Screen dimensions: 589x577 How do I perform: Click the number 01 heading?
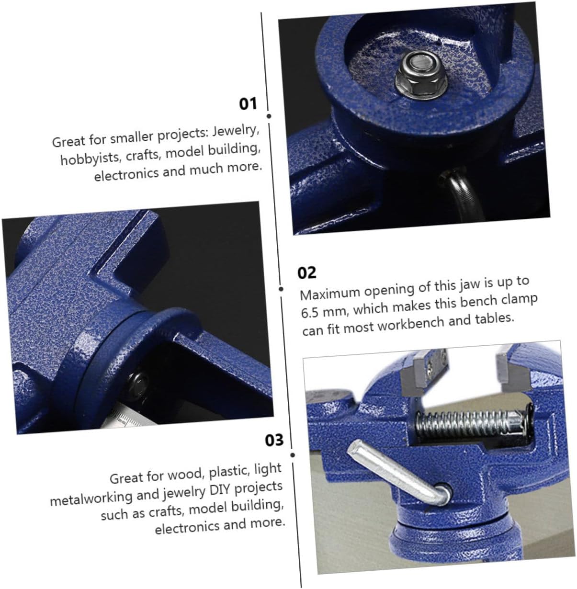[x=248, y=103]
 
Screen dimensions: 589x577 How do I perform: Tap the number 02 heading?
[x=307, y=272]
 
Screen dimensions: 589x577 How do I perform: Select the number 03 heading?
[x=274, y=440]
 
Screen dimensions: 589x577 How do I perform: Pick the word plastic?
[x=229, y=471]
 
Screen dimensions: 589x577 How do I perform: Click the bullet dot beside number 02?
[x=282, y=289]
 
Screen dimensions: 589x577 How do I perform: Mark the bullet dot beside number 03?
[x=293, y=455]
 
